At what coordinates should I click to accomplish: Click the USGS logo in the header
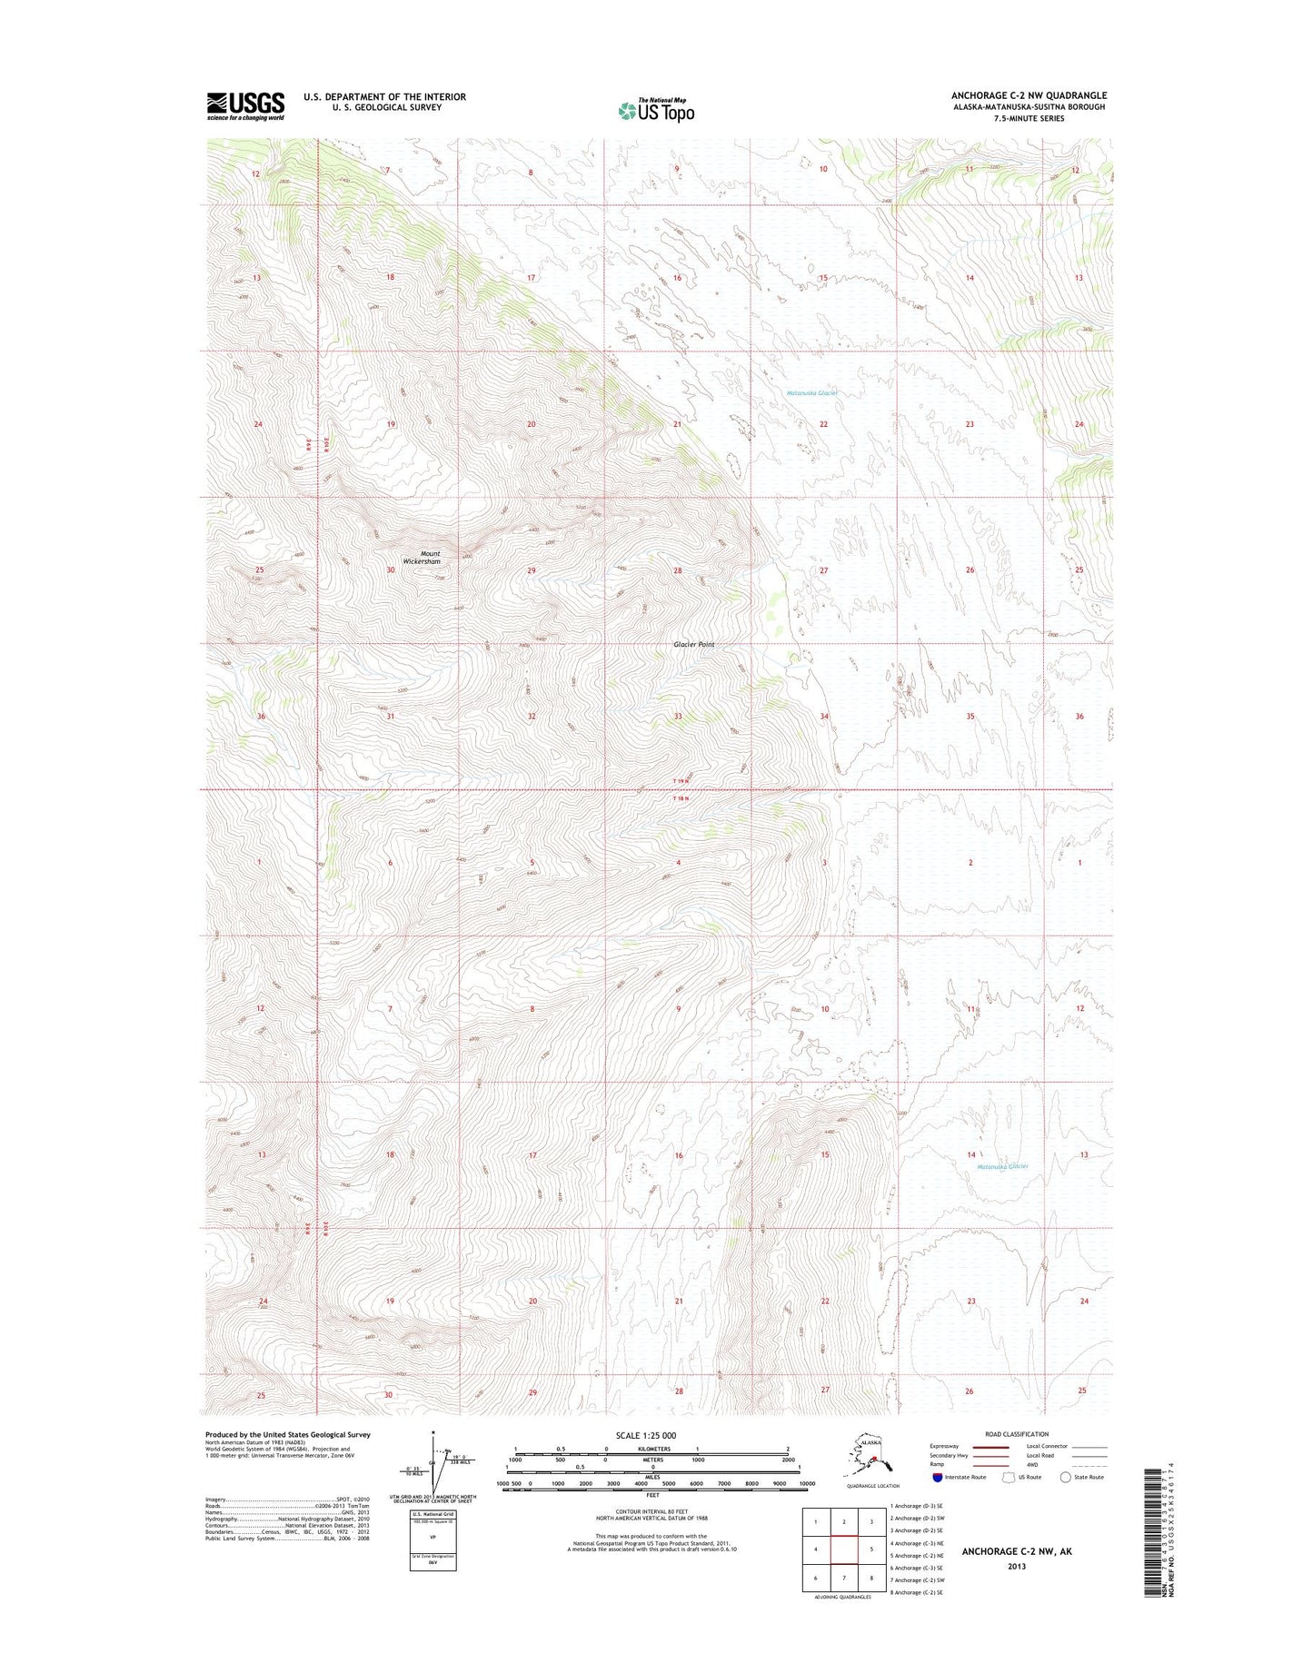(245, 105)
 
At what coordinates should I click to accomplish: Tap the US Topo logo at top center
(656, 110)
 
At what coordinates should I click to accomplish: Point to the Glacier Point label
(693, 644)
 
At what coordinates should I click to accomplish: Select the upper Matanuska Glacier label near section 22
(811, 393)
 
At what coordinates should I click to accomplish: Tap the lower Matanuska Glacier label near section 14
(1002, 1166)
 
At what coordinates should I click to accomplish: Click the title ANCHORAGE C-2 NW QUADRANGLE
(1029, 95)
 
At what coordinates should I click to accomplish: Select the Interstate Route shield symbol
(937, 1477)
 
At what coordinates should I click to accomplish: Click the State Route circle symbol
(1066, 1477)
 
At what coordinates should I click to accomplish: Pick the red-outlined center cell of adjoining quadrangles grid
(844, 1549)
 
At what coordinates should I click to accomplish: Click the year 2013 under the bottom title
(1016, 1566)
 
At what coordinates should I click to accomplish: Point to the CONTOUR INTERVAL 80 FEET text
(652, 1510)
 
